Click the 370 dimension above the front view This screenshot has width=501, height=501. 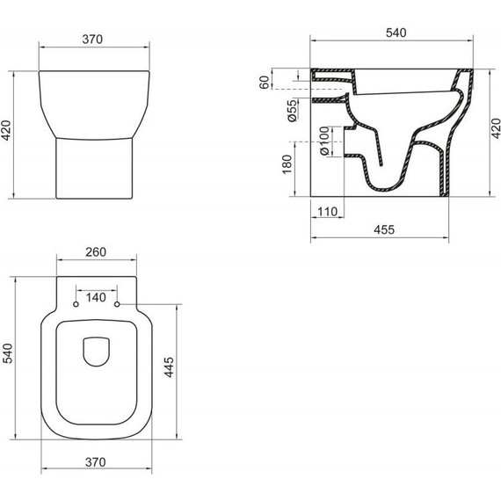pos(95,39)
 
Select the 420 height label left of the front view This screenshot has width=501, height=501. pos(8,134)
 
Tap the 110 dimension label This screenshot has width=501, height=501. pos(327,211)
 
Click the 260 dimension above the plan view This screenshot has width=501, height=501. pos(96,252)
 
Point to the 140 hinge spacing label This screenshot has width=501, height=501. pos(97,297)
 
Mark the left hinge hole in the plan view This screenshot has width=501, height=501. pos(76,306)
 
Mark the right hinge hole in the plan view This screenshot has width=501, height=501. pos(117,306)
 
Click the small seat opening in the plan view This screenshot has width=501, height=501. pos(96,352)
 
